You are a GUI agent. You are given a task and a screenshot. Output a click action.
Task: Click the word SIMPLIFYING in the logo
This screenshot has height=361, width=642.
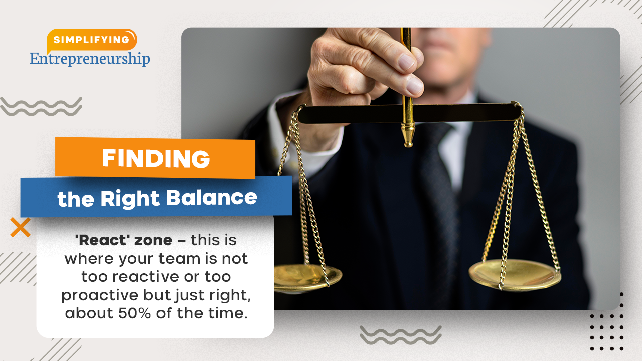tap(91, 40)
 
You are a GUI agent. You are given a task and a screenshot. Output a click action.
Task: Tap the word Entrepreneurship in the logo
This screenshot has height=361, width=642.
tap(90, 59)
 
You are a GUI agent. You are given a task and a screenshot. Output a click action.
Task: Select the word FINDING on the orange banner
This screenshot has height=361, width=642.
tap(156, 158)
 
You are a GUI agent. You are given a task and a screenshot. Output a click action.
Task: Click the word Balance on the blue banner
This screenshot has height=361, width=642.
tap(212, 197)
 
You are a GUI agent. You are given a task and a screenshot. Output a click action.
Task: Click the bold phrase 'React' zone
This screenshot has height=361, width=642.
tap(123, 240)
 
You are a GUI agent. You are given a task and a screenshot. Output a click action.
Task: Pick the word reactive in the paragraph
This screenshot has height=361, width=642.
tap(146, 277)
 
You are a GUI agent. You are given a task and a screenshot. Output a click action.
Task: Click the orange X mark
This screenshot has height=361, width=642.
tap(21, 227)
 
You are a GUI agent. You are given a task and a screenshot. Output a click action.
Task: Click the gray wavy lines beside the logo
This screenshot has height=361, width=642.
tap(41, 107)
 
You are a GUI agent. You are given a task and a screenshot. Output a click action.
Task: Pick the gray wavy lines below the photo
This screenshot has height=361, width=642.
tap(400, 335)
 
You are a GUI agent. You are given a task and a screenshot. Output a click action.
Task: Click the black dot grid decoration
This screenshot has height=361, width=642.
tap(607, 321)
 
